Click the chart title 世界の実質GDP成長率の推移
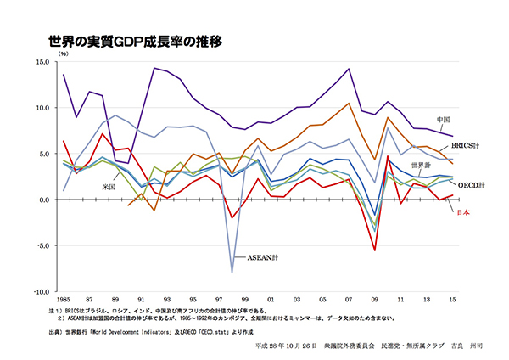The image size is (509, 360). [135, 41]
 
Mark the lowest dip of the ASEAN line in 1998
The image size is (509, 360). [232, 273]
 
